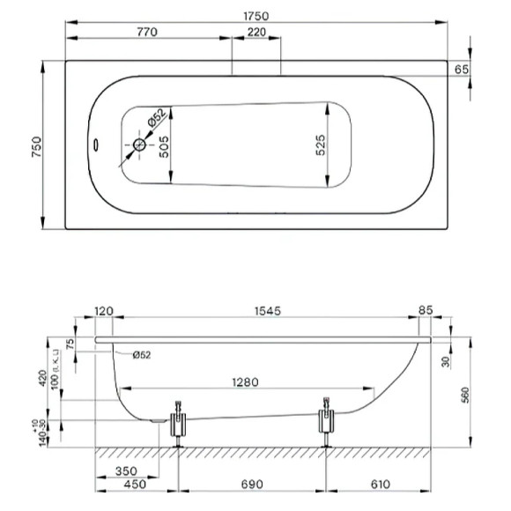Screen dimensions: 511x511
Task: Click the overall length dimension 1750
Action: click(x=256, y=16)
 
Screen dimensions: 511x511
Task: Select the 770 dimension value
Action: click(x=146, y=33)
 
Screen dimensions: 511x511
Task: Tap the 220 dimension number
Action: click(x=256, y=33)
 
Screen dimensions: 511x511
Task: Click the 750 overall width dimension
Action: click(x=36, y=146)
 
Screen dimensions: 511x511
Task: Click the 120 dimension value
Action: click(x=104, y=310)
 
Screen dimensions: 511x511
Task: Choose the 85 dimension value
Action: click(x=426, y=310)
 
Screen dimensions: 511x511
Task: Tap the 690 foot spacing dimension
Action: click(x=253, y=485)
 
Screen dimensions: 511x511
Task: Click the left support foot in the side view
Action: click(x=180, y=423)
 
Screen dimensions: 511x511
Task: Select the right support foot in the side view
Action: click(x=326, y=421)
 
